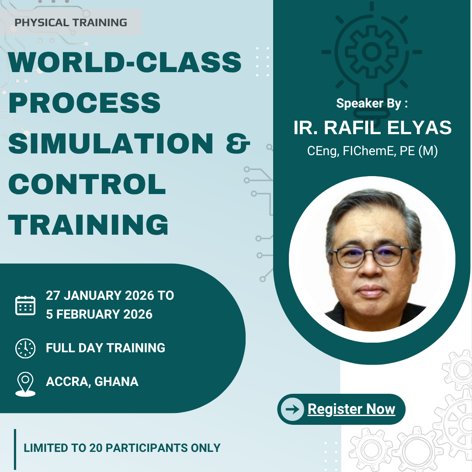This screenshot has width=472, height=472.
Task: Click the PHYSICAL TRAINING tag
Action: pyautogui.click(x=71, y=22)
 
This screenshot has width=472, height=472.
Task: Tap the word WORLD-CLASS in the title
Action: pyautogui.click(x=125, y=62)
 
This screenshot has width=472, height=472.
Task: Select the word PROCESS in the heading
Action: pyautogui.click(x=85, y=103)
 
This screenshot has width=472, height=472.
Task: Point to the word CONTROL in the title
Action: pyautogui.click(x=87, y=184)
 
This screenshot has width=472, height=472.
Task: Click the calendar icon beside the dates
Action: pyautogui.click(x=25, y=305)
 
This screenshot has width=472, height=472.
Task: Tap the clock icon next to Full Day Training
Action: pyautogui.click(x=25, y=348)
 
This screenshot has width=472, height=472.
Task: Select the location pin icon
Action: pyautogui.click(x=25, y=384)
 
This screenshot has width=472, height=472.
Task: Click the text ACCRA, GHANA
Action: pyautogui.click(x=92, y=382)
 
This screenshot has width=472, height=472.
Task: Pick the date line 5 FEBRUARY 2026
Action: pyautogui.click(x=99, y=314)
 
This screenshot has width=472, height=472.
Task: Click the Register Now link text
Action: pyautogui.click(x=351, y=409)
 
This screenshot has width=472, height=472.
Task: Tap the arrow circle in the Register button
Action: pyautogui.click(x=292, y=409)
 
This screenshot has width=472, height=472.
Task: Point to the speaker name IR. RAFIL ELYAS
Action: pyautogui.click(x=373, y=127)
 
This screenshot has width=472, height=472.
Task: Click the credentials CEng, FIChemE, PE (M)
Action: pyautogui.click(x=372, y=151)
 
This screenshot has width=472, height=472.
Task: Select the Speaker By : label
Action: pyautogui.click(x=372, y=103)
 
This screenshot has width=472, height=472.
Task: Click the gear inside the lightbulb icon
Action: pyautogui.click(x=372, y=52)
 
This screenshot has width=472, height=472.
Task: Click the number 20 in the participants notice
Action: pyautogui.click(x=96, y=448)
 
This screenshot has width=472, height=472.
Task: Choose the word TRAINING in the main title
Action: pyautogui.click(x=88, y=225)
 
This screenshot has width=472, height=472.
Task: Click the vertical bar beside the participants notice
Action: pyautogui.click(x=15, y=449)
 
